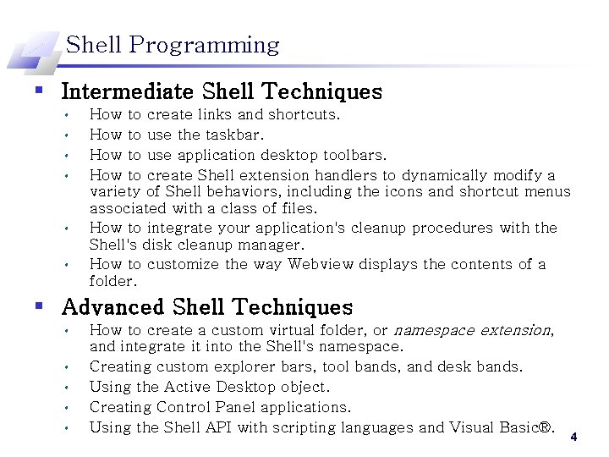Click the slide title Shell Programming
point(173,45)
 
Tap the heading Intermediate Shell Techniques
point(222,91)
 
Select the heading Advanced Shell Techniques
point(207,307)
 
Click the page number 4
point(573,438)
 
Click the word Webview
point(322,264)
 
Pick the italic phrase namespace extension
point(473,330)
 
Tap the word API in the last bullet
point(217,427)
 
